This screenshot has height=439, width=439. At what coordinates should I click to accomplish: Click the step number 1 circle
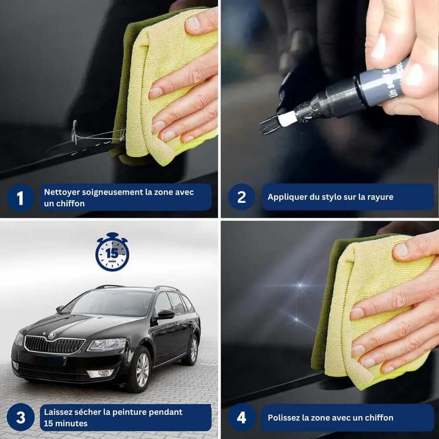coord(20,198)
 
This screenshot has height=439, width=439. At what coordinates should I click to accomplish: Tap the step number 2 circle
coord(241,197)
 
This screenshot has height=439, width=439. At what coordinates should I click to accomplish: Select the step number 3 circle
coord(21,417)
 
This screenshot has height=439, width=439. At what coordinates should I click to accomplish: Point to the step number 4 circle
coord(241,417)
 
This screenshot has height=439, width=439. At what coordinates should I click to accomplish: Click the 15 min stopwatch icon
coord(112,253)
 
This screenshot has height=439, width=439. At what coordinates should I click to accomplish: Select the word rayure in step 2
coord(380,197)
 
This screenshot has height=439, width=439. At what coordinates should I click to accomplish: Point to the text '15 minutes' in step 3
coord(65,423)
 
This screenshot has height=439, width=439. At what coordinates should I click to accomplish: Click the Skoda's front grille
coord(54,345)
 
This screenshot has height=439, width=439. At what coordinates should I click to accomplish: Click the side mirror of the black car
coord(166,313)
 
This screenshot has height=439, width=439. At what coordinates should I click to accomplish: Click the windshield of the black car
coord(110,303)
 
